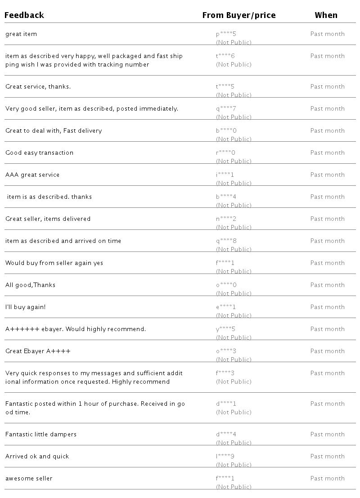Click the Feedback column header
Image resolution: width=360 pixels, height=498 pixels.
pyautogui.click(x=24, y=15)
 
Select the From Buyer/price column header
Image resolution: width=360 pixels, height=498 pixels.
pyautogui.click(x=238, y=15)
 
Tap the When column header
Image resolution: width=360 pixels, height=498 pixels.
pyautogui.click(x=326, y=15)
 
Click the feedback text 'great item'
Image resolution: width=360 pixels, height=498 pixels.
pyautogui.click(x=21, y=34)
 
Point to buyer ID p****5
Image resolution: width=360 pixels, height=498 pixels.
pyautogui.click(x=225, y=34)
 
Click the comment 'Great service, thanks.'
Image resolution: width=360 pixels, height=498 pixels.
pyautogui.click(x=38, y=87)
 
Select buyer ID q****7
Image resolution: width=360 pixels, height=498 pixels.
pyautogui.click(x=225, y=109)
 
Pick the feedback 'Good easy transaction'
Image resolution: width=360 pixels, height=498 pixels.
pyautogui.click(x=39, y=153)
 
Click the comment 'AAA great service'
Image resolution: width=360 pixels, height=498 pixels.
pyautogui.click(x=32, y=175)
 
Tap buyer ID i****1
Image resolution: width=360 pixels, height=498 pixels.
pyautogui.click(x=225, y=175)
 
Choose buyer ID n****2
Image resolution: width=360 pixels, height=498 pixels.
pyautogui.click(x=225, y=219)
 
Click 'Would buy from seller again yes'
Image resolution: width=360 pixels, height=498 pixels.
pyautogui.click(x=54, y=263)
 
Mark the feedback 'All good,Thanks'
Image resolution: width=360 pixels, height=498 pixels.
pyautogui.click(x=30, y=285)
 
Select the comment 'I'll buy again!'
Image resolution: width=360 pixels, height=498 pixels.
pyautogui.click(x=25, y=307)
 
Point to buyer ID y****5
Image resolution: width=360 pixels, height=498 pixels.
pyautogui.click(x=225, y=329)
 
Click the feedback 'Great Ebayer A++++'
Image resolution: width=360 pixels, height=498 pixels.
pyautogui.click(x=38, y=351)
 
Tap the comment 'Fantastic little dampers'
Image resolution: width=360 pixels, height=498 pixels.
pyautogui.click(x=41, y=435)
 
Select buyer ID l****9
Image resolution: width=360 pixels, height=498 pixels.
pyautogui.click(x=225, y=457)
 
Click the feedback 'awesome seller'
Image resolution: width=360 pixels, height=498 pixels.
pyautogui.click(x=29, y=479)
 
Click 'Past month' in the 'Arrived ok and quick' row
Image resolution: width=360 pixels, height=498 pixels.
pyautogui.click(x=327, y=457)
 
